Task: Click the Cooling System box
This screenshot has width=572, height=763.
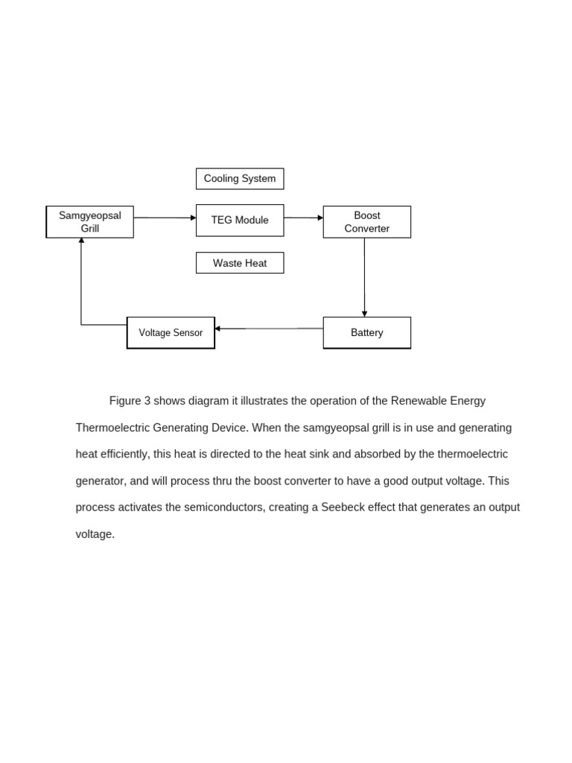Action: click(x=240, y=179)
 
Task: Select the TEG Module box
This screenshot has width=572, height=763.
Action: click(x=240, y=221)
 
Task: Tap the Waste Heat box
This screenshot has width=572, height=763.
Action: click(x=240, y=263)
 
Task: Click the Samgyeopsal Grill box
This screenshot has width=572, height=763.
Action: click(x=90, y=222)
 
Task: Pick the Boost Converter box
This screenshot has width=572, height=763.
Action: click(x=366, y=222)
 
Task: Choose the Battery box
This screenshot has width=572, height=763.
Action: click(x=366, y=332)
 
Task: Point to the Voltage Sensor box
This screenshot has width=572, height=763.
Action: click(x=171, y=333)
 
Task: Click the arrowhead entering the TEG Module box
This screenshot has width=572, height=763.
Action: click(x=193, y=218)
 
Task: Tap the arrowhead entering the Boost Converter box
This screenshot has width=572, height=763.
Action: click(x=320, y=218)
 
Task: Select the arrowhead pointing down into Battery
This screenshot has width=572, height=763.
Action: click(x=364, y=314)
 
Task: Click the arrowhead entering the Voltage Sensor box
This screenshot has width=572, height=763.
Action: click(x=218, y=328)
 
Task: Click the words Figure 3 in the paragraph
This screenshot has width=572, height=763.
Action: click(x=130, y=401)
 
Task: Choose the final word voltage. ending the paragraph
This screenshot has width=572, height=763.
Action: click(x=95, y=534)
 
